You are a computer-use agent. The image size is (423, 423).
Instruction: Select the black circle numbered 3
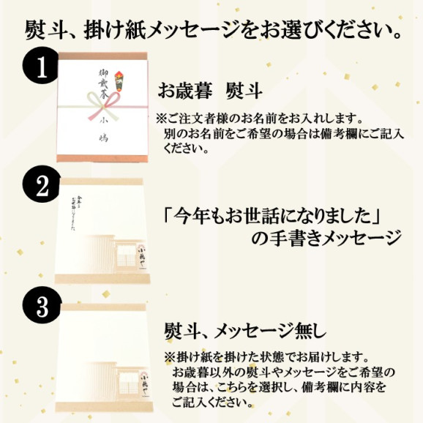42,306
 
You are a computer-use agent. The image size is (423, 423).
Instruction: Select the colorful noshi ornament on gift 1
119,77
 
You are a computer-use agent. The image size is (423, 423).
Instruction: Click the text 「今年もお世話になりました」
282,214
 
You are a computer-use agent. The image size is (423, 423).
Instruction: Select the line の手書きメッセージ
326,239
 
